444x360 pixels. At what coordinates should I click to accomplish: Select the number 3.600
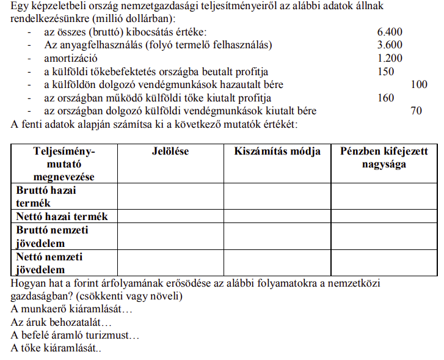point(390,45)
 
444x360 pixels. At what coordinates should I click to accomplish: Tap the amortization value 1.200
point(390,59)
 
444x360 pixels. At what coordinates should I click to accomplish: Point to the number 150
point(387,72)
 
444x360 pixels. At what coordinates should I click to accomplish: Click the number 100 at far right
point(419,85)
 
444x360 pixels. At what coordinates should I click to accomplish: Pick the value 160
point(387,98)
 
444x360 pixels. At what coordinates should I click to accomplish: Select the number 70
point(417,111)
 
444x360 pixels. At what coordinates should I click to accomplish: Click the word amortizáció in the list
point(71,59)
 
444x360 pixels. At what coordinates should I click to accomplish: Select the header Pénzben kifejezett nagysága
point(384,158)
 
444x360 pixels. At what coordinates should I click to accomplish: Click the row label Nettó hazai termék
point(62,216)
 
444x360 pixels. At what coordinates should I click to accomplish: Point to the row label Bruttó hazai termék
point(46,196)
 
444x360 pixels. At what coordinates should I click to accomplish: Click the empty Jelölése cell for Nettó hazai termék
point(170,216)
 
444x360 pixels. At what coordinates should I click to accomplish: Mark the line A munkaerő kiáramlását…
point(71,309)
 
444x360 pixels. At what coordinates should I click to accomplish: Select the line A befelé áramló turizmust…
point(75,335)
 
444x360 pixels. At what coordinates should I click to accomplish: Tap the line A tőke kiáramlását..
point(56,348)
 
